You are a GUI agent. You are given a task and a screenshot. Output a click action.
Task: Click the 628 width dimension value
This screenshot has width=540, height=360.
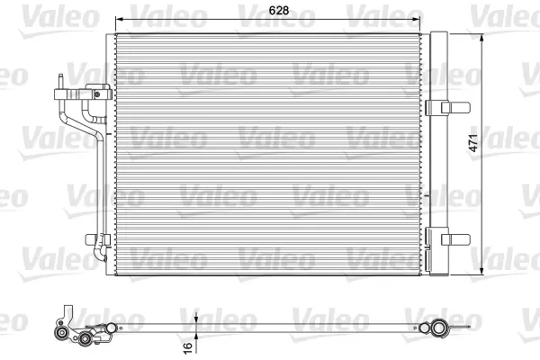(x=279, y=11)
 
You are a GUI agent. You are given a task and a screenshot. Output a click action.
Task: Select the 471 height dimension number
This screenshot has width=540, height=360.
(x=473, y=143)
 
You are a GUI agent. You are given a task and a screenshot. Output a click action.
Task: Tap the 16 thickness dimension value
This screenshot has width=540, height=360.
(x=188, y=347)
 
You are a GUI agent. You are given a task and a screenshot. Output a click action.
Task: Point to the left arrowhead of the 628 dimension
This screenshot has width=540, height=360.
(x=119, y=19)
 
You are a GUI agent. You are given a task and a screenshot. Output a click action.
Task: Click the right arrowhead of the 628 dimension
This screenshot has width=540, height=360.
(x=417, y=19)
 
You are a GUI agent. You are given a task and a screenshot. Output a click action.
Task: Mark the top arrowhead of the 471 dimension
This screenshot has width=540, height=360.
(x=481, y=38)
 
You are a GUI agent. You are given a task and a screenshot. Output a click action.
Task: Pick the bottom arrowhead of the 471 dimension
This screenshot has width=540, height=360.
(x=481, y=271)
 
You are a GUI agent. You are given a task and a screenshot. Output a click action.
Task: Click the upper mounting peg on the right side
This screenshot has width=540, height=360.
(x=455, y=107)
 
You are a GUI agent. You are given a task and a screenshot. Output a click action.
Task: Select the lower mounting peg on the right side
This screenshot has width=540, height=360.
(x=455, y=239)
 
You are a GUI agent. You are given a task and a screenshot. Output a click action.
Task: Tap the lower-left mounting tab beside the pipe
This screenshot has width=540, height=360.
(x=90, y=239)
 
